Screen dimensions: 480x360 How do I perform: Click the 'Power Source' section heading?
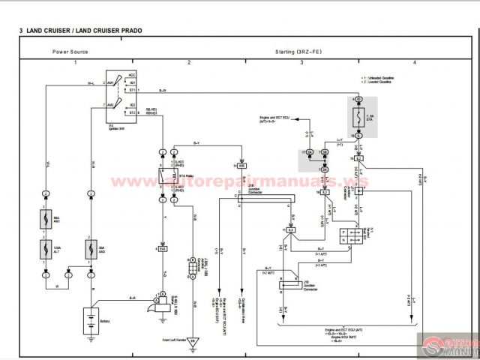[70, 52]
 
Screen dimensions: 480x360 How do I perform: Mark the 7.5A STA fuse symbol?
[359, 118]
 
